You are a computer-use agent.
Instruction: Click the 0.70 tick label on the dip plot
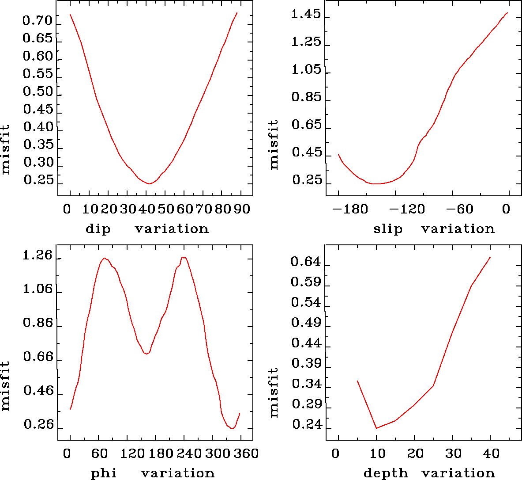[x=38, y=21]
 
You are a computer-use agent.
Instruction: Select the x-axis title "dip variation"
[x=147, y=229]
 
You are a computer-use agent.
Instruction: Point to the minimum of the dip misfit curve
[x=150, y=183]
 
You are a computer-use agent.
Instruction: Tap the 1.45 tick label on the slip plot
[x=306, y=15]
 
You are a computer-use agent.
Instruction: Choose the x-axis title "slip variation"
[x=434, y=229]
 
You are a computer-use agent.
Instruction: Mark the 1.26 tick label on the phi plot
[x=38, y=256]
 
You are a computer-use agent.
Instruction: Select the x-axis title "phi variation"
[x=152, y=473]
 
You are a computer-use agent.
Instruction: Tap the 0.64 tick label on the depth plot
[x=306, y=262]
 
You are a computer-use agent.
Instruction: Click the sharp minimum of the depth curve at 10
[x=376, y=428]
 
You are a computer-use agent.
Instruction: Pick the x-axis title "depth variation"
[x=429, y=473]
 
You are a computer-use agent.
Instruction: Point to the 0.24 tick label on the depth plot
[x=306, y=425]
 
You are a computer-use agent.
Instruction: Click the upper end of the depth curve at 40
[x=490, y=257]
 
